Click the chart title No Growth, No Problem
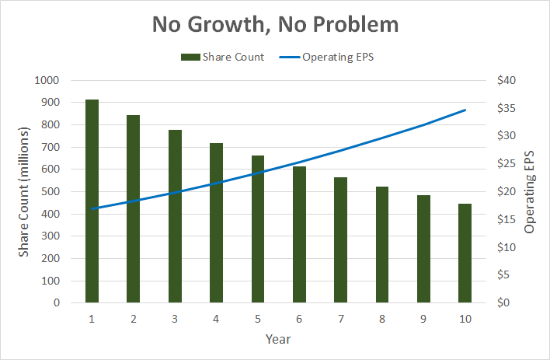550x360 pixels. point(275,24)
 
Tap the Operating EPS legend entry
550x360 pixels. point(330,57)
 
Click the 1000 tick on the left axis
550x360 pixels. point(47,80)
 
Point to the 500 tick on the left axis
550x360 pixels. point(50,191)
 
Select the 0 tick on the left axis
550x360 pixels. point(57,302)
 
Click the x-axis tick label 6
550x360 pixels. point(299,318)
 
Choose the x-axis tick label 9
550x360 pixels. point(423,318)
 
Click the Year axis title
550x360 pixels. point(277,339)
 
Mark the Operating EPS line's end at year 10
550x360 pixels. point(465,110)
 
